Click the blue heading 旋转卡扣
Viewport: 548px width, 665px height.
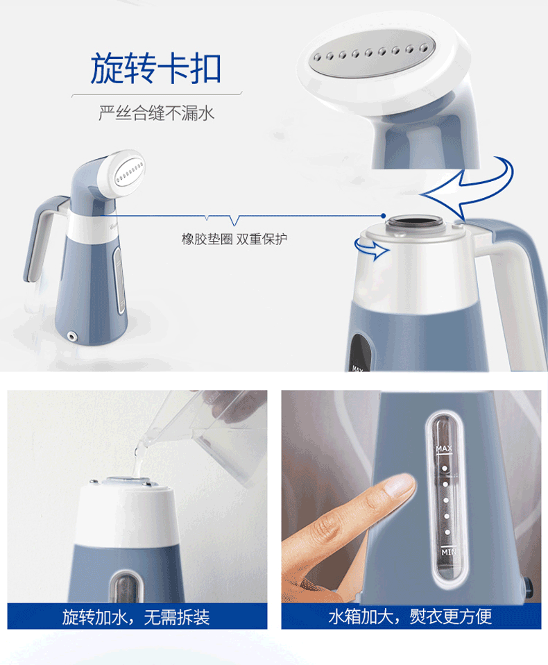(155, 68)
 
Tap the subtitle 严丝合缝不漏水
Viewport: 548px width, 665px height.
(157, 113)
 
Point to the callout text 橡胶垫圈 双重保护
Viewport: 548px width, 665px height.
(234, 239)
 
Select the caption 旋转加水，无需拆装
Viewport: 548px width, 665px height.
(136, 617)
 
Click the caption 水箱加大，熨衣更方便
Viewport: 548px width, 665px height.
(410, 616)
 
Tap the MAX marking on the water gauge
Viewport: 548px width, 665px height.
(444, 448)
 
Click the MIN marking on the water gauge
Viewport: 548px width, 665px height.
(449, 552)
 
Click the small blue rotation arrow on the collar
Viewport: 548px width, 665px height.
(371, 249)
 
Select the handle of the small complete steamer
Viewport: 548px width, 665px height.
(42, 238)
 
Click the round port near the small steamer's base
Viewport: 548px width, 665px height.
(72, 336)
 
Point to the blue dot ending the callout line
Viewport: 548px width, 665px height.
(383, 216)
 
